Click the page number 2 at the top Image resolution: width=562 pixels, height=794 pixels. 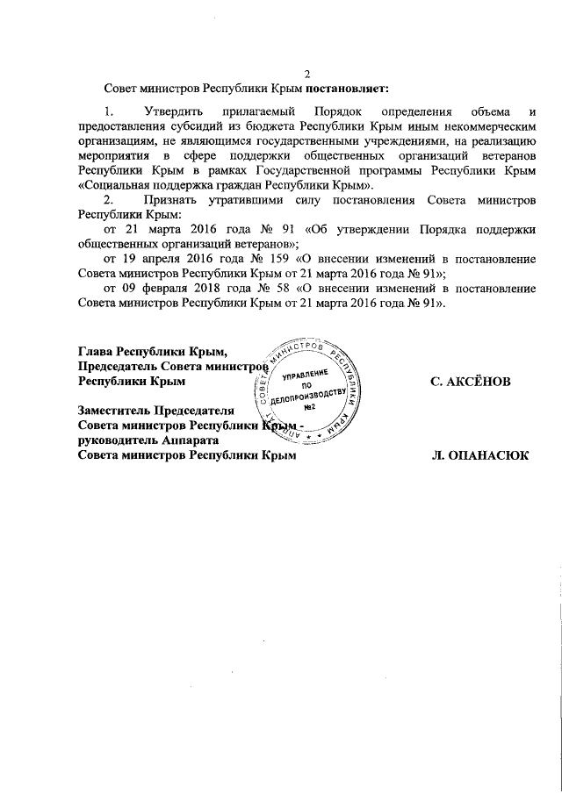306,74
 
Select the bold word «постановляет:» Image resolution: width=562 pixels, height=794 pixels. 346,88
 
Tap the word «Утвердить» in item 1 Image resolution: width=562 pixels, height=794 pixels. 175,112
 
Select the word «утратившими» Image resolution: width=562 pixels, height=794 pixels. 246,199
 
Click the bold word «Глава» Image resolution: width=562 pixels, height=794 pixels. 96,353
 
